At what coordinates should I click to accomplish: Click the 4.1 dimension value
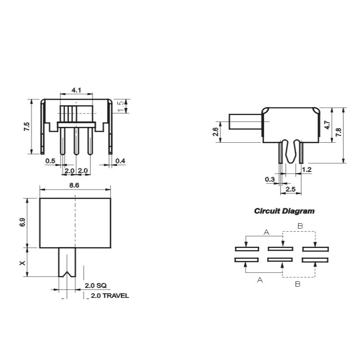pyautogui.click(x=76, y=90)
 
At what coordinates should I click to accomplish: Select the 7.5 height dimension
pyautogui.click(x=27, y=126)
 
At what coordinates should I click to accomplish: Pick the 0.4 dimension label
pyautogui.click(x=120, y=161)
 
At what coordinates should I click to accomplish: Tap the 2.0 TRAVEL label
pyautogui.click(x=110, y=296)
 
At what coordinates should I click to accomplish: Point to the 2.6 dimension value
pyautogui.click(x=215, y=132)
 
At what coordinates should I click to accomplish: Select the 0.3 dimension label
pyautogui.click(x=270, y=180)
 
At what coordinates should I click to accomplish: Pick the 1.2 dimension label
pyautogui.click(x=307, y=170)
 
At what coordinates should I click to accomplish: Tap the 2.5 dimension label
pyautogui.click(x=290, y=189)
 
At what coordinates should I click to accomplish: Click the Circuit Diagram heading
pyautogui.click(x=284, y=211)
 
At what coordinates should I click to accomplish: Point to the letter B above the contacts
pyautogui.click(x=300, y=225)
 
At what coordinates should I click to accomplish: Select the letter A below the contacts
pyautogui.click(x=260, y=280)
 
